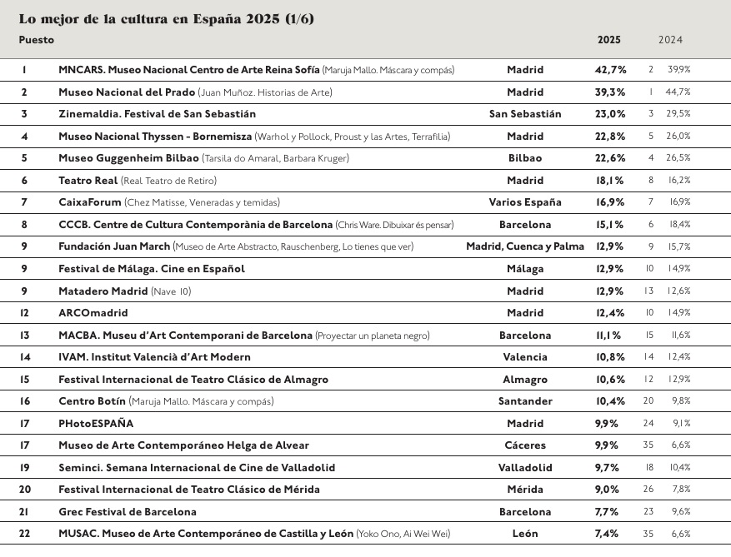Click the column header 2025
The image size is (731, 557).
click(608, 40)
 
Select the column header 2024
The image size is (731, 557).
click(670, 40)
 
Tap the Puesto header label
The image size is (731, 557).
click(37, 40)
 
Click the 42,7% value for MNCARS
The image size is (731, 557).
click(610, 70)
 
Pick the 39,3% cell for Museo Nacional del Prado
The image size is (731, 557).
click(610, 92)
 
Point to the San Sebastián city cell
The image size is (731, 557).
click(525, 114)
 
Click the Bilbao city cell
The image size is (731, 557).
click(525, 158)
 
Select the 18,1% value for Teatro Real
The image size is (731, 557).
click(610, 181)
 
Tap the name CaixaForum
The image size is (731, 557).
click(89, 202)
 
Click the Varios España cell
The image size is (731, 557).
click(525, 202)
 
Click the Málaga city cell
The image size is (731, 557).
click(525, 269)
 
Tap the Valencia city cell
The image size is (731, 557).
click(525, 357)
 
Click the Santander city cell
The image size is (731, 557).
click(525, 401)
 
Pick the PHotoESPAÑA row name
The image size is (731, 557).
click(96, 424)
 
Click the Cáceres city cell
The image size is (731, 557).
click(525, 445)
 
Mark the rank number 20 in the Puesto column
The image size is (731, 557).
click(24, 490)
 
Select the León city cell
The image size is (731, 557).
click(525, 534)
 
